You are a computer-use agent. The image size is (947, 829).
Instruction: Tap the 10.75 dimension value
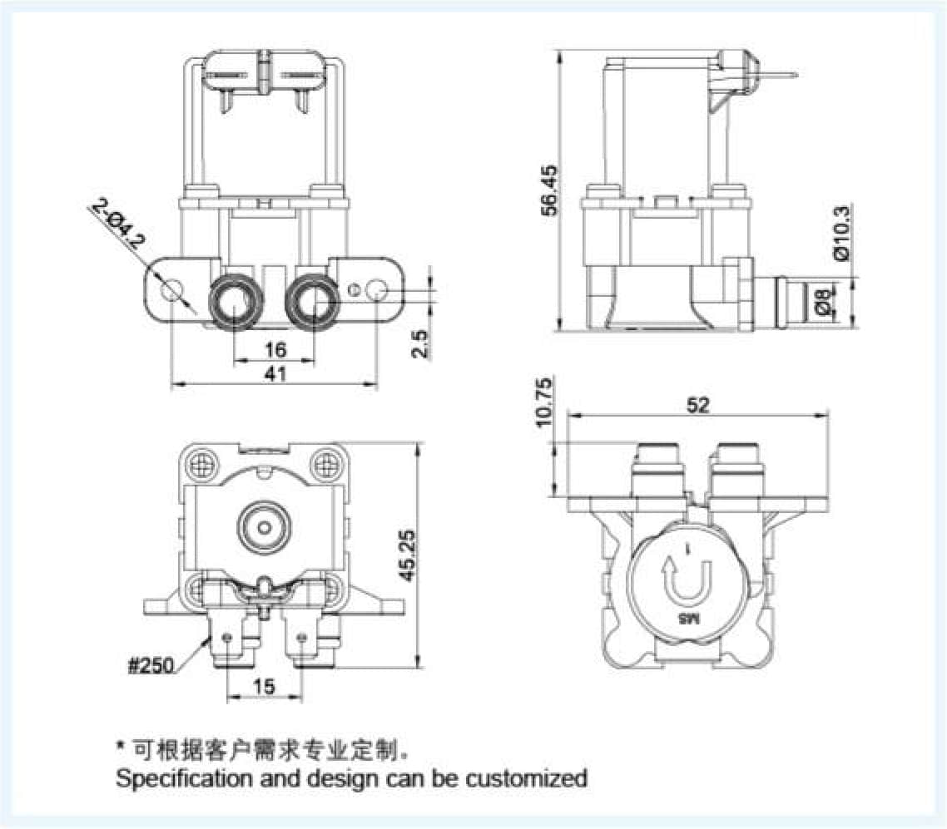click(545, 403)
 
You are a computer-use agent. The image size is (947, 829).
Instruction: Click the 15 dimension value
click(264, 686)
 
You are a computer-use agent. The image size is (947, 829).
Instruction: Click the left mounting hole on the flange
click(171, 291)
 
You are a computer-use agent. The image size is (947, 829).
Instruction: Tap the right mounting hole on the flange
click(377, 291)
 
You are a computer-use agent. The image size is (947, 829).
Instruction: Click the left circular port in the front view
click(233, 301)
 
